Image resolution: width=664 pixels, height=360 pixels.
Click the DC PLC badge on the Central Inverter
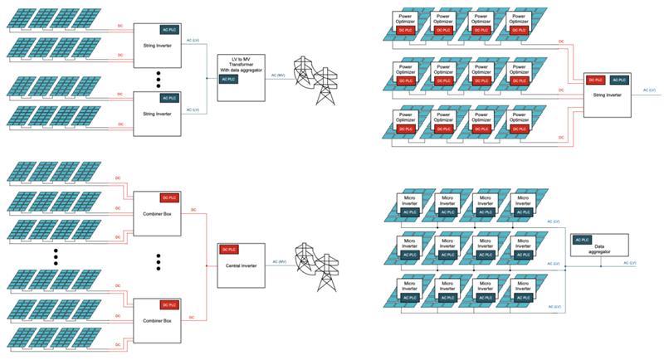click(x=227, y=249)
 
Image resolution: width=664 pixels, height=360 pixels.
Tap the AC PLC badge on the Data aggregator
click(x=583, y=239)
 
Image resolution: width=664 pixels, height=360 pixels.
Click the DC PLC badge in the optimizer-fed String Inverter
click(x=594, y=80)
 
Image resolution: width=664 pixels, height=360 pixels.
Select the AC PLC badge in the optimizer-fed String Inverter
click(x=618, y=80)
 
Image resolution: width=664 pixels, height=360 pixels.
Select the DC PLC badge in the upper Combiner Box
click(x=169, y=197)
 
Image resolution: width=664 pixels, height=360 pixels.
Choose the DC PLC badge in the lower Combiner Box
click(x=169, y=304)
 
